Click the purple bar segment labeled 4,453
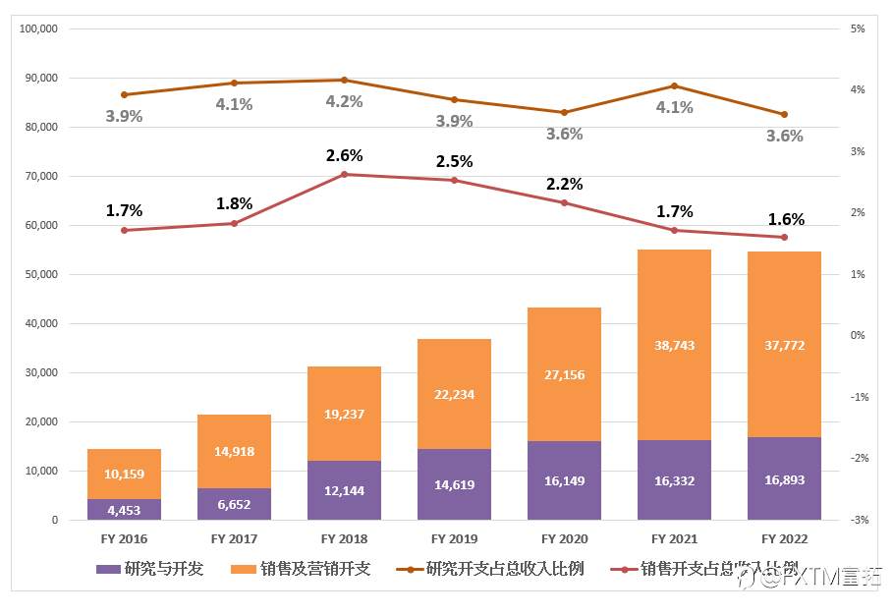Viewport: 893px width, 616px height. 124,509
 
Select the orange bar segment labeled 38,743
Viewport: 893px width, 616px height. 674,345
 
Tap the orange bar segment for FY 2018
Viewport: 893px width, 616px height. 344,414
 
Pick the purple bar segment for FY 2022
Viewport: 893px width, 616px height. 784,478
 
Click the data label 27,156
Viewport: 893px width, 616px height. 564,374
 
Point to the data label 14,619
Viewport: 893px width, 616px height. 454,484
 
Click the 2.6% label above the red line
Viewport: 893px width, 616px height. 345,155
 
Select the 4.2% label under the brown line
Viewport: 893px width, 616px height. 345,101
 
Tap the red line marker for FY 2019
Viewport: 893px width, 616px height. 454,180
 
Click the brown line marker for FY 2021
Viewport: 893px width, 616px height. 674,86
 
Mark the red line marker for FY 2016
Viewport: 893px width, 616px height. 124,230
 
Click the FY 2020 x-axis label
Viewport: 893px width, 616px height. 564,539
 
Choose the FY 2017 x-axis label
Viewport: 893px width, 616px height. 234,539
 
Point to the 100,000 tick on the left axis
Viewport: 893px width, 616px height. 38,29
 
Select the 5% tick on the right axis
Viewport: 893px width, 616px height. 858,29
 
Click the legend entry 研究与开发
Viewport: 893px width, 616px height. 151,569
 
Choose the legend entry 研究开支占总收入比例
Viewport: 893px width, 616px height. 491,569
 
